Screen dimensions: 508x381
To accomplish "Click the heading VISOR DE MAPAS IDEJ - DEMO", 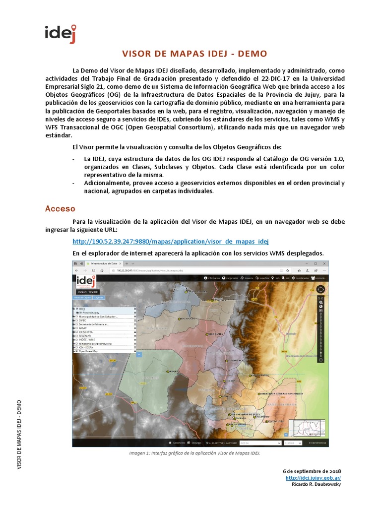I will [x=194, y=54].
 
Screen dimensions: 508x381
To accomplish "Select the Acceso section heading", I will [x=60, y=209].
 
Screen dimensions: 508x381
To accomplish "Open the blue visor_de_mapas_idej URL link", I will [x=170, y=242].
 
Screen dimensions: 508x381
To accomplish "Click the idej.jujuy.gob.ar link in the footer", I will [x=313, y=478].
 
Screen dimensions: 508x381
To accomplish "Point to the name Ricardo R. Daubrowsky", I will [x=315, y=484].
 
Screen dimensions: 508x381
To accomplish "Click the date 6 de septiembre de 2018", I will [x=312, y=471].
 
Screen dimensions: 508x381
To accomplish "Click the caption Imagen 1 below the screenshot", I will [x=194, y=453].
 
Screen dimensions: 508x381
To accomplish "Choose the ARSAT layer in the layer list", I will [x=83, y=328].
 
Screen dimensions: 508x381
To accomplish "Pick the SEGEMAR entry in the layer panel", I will [x=85, y=335].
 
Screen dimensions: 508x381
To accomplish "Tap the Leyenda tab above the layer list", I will [x=99, y=298].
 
